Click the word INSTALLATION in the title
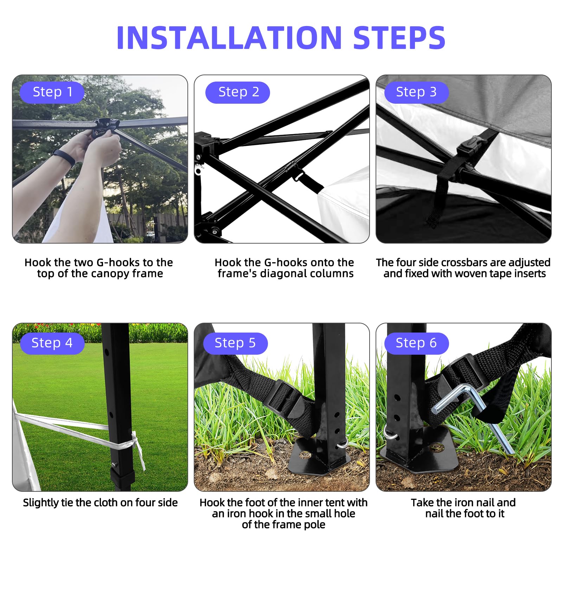point(229,37)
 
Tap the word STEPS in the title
point(399,37)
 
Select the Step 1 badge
point(52,92)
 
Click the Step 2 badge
point(238,92)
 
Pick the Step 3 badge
point(417,92)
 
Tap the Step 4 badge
point(52,343)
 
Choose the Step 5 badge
point(236,343)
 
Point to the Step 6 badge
point(417,343)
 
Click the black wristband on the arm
point(64,157)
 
